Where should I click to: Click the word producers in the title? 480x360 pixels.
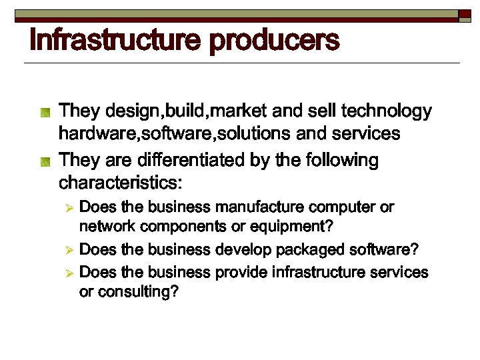275,41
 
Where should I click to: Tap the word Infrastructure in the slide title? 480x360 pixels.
115,41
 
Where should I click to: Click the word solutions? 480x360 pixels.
252,134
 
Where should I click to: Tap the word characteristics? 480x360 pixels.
121,182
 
